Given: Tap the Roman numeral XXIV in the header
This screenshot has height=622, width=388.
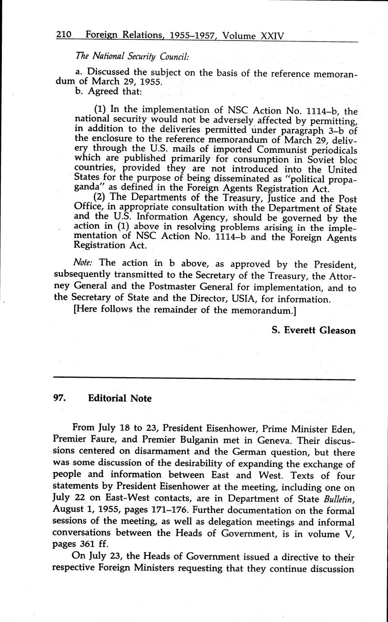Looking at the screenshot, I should click(272, 36).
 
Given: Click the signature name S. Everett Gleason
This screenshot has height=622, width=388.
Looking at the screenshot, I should click(314, 330).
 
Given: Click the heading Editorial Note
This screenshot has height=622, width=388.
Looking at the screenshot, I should click(120, 398).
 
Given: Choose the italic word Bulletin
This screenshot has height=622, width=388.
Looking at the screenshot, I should click(339, 499).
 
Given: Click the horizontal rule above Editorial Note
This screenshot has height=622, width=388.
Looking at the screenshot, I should click(205, 379).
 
